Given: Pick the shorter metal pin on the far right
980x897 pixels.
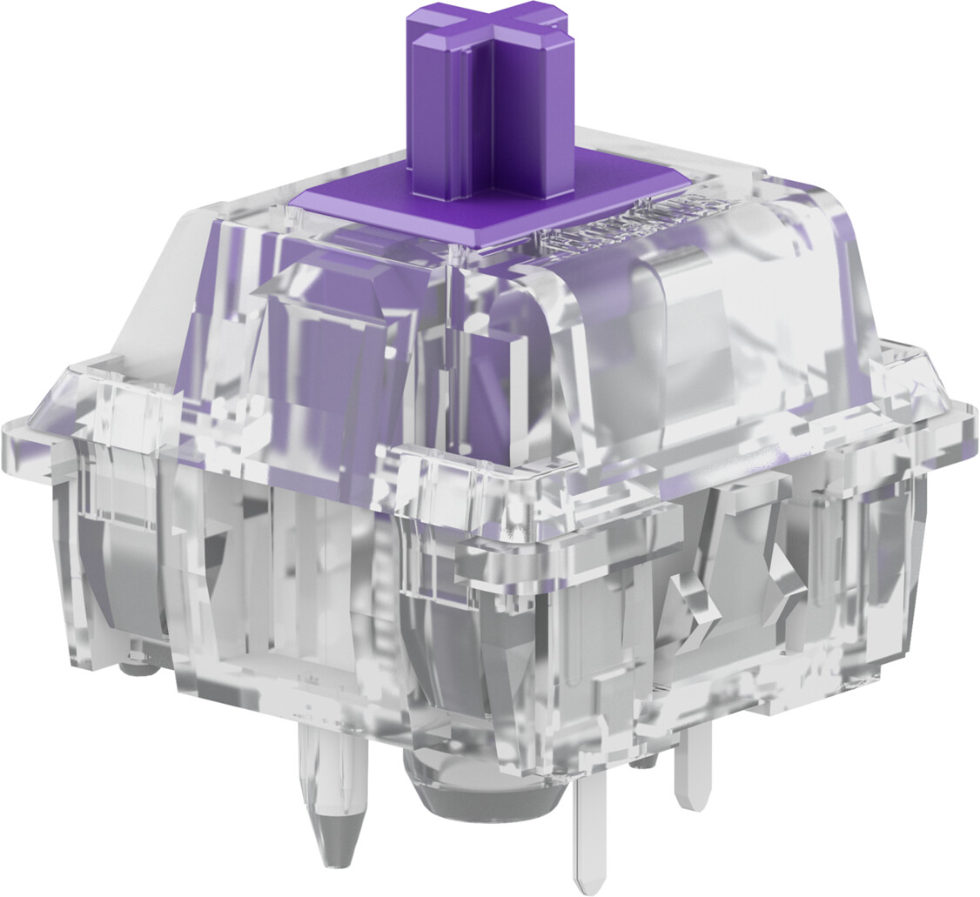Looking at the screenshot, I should (x=692, y=783).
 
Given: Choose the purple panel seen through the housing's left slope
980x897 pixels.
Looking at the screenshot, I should (x=331, y=348).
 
